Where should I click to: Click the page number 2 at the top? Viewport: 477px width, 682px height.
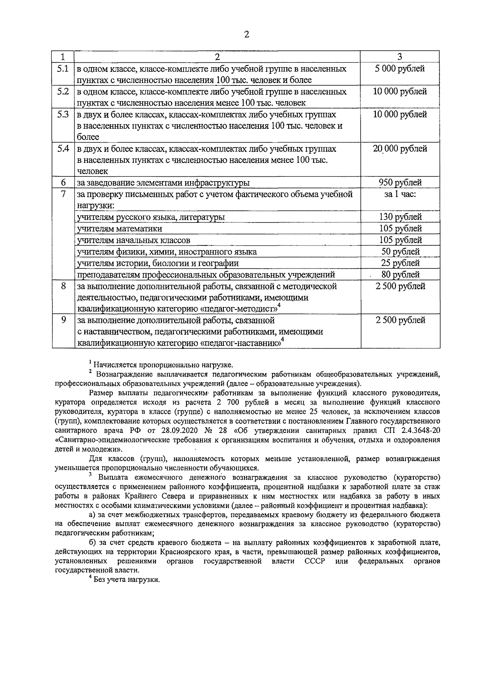point(246,35)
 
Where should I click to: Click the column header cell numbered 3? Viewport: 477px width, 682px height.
point(400,57)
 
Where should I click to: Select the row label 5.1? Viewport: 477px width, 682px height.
point(63,69)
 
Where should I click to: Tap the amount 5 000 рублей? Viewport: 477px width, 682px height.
point(400,69)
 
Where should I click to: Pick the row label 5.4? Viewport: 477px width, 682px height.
point(63,149)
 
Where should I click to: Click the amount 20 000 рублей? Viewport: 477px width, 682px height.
point(400,149)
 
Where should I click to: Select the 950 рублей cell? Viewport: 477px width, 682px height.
point(400,183)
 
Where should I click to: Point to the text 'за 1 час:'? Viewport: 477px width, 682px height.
point(400,194)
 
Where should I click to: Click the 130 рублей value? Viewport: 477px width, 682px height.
point(400,217)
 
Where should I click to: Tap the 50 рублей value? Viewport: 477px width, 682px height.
point(400,251)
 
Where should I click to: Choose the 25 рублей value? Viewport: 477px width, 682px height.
point(400,263)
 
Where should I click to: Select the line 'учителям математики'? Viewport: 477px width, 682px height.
point(119,229)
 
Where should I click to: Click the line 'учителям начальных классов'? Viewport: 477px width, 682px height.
point(133,240)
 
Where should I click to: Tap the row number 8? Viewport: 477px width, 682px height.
point(63,286)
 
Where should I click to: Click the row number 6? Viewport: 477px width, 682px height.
point(63,183)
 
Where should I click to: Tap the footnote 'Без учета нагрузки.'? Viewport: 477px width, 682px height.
point(126,580)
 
